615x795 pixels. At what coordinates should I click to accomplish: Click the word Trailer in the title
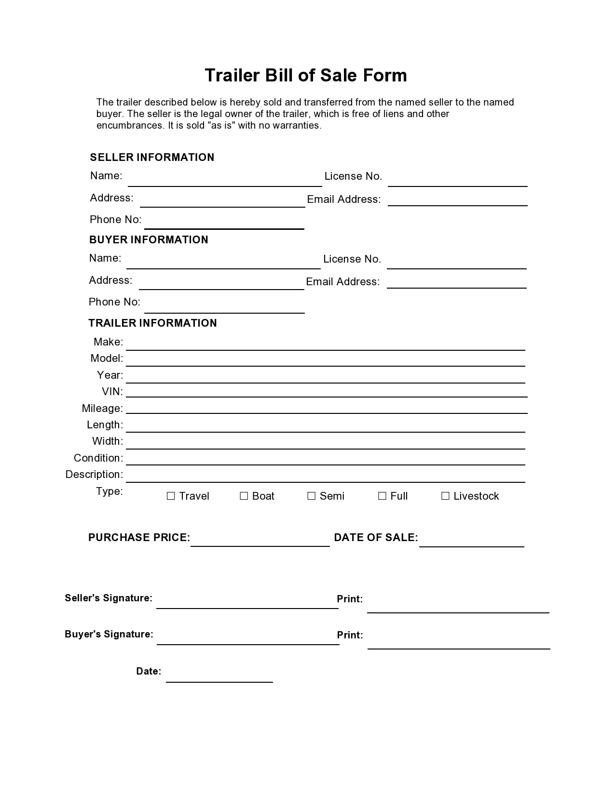pos(232,76)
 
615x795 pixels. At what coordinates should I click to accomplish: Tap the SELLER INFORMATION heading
pos(152,158)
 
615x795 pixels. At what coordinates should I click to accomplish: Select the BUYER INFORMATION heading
pos(149,240)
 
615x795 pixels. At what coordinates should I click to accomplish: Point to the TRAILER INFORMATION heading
pos(152,323)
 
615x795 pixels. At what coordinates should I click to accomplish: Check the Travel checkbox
pos(171,496)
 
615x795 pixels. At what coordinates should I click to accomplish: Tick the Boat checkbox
pos(244,496)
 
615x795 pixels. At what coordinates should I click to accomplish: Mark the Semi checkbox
pos(312,496)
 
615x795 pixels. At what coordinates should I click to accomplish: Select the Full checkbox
pos(382,496)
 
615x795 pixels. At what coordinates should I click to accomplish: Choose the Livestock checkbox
pos(445,496)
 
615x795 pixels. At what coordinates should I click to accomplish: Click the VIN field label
pos(112,392)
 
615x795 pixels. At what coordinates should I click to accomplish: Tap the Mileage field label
pos(102,409)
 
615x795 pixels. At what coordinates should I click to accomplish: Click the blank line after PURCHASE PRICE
pos(260,542)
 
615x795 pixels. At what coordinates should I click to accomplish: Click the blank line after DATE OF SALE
pos(471,542)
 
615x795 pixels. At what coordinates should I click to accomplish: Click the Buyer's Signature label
pos(109,635)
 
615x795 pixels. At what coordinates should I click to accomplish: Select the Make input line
pos(326,345)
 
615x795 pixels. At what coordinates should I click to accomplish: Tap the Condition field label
pos(98,458)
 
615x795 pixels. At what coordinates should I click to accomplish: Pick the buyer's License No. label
pos(352,259)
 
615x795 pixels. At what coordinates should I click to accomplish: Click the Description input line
pos(326,477)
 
